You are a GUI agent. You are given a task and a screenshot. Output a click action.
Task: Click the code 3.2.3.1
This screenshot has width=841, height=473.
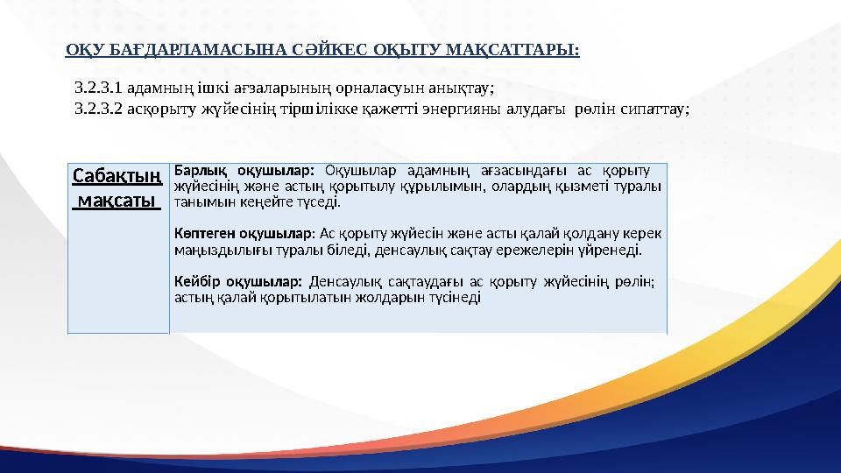[x=100, y=88]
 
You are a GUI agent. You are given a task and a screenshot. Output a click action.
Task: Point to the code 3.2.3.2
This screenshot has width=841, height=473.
[x=100, y=109]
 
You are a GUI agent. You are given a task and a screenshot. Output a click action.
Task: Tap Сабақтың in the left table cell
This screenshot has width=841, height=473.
[x=117, y=176]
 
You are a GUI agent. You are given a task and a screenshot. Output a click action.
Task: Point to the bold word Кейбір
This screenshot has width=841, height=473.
[x=194, y=281]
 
